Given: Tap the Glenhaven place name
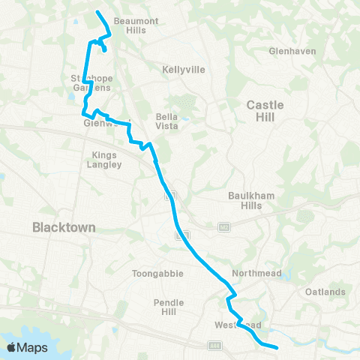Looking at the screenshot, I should coord(292,51).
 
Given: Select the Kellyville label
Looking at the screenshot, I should coord(183,69).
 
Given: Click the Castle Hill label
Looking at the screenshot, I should coord(265,111).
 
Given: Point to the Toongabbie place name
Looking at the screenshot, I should coord(157,274).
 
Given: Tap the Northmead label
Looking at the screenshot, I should coord(256,274).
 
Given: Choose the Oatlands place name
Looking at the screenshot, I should coord(325,292).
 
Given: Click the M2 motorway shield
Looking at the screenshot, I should coord(223,226).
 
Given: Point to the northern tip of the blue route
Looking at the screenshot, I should coord(97,11).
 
